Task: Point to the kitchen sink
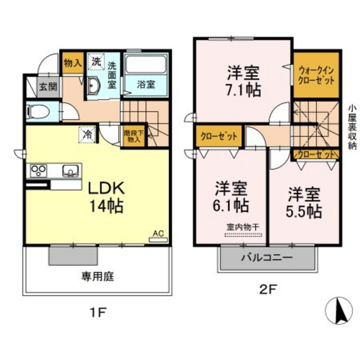70,171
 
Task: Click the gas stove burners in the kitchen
39,171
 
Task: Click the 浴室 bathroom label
144,84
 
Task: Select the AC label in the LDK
157,234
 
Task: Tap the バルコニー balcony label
267,258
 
